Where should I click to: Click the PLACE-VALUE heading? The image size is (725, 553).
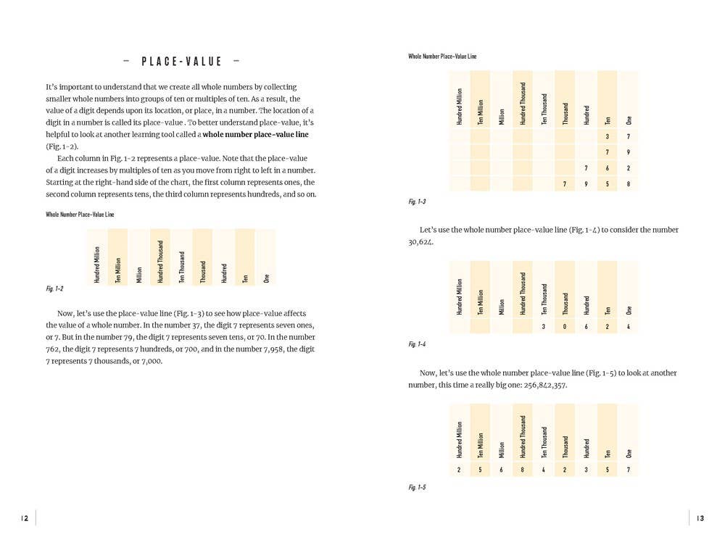181,62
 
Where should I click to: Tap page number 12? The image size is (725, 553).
24,518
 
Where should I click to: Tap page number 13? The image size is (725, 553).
700,518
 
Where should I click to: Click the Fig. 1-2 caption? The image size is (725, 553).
54,289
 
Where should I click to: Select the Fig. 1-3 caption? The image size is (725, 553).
417,201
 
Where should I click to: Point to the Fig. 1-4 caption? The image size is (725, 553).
417,344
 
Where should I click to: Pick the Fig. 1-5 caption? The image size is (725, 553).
417,487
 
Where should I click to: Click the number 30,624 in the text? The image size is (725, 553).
421,242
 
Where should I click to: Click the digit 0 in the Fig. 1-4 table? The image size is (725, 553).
565,327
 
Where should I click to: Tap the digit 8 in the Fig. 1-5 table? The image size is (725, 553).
522,470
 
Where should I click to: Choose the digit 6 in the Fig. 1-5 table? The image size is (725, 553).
501,470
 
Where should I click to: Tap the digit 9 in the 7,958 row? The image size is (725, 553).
586,184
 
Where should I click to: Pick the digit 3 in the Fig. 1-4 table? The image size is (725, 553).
544,327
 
